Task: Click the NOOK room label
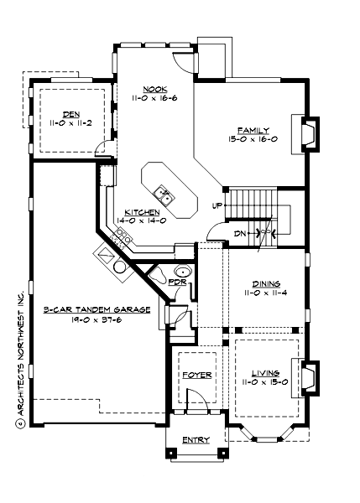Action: (154, 89)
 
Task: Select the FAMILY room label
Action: (253, 130)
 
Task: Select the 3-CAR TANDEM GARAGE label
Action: (97, 309)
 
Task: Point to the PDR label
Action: (175, 282)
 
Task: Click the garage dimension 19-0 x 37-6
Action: (97, 319)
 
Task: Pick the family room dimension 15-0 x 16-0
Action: (253, 139)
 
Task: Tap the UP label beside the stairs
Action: (217, 205)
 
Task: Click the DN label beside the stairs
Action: (239, 232)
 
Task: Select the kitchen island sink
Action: (166, 196)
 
